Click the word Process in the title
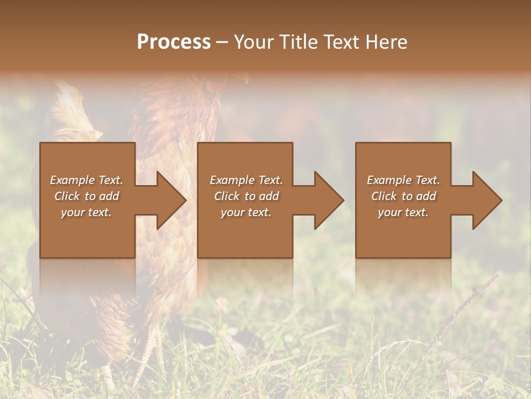[174, 42]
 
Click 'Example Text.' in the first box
[86, 180]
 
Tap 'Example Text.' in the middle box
[246, 180]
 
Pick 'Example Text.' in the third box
[403, 180]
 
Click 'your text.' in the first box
[86, 212]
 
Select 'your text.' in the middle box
[246, 212]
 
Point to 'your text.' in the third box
[403, 212]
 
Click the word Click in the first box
[67, 196]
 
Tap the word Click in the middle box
[227, 196]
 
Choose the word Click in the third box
[384, 196]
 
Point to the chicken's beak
[244, 79]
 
